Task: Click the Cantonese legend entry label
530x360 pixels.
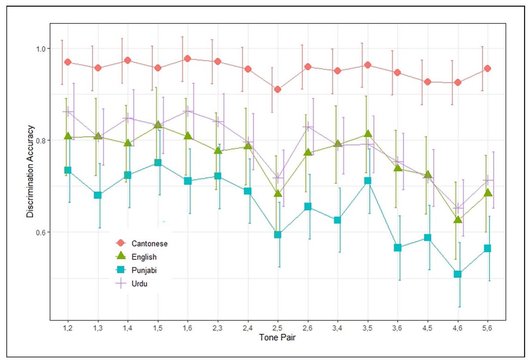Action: (x=149, y=243)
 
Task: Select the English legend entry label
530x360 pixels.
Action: (x=144, y=257)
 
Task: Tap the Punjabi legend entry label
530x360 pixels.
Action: (x=144, y=270)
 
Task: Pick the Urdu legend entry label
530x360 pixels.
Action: (x=140, y=284)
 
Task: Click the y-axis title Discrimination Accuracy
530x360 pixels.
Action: (x=30, y=171)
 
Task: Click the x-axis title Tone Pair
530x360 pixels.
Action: (x=277, y=337)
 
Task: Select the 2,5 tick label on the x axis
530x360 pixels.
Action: (x=277, y=328)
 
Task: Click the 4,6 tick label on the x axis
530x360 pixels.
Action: (x=457, y=328)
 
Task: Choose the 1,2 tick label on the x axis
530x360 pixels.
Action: (x=68, y=328)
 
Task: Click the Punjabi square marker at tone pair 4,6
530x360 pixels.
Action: (x=457, y=274)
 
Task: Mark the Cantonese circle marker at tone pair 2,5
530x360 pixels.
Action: (x=278, y=89)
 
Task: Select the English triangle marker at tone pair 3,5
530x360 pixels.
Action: (x=368, y=134)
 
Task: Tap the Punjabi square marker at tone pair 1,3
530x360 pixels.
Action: (x=98, y=195)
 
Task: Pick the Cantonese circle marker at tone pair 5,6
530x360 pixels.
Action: (x=487, y=68)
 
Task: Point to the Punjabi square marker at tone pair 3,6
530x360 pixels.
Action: (x=398, y=247)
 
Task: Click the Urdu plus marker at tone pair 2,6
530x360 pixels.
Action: (x=308, y=127)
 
